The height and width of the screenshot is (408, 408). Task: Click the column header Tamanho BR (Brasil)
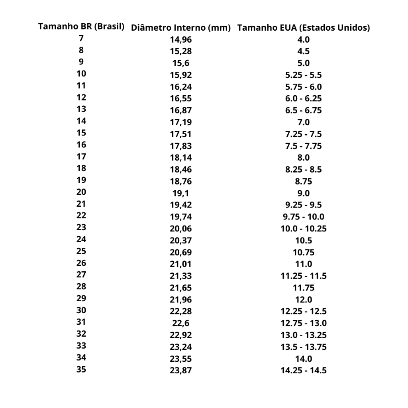pyautogui.click(x=81, y=27)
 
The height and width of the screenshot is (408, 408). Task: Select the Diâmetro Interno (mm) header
pyautogui.click(x=181, y=28)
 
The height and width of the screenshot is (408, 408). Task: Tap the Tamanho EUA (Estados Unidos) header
pyautogui.click(x=304, y=28)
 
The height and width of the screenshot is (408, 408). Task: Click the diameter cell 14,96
pyautogui.click(x=181, y=40)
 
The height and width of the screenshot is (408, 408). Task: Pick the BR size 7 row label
pyautogui.click(x=81, y=39)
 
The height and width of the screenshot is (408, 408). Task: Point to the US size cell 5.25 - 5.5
pyautogui.click(x=304, y=75)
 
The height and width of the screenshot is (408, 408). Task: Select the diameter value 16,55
pyautogui.click(x=181, y=99)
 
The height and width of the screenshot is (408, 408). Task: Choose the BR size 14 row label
pyautogui.click(x=81, y=121)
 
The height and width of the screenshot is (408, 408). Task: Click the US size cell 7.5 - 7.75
pyautogui.click(x=304, y=146)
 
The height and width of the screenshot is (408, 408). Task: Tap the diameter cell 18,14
pyautogui.click(x=181, y=158)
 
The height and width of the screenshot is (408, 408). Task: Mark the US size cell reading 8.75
pyautogui.click(x=304, y=181)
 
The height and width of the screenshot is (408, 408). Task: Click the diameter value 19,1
pyautogui.click(x=181, y=193)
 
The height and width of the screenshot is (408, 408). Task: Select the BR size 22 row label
pyautogui.click(x=81, y=216)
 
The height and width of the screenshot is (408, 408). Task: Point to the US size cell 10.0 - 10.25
pyautogui.click(x=304, y=229)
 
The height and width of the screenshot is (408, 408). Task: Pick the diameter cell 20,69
pyautogui.click(x=181, y=252)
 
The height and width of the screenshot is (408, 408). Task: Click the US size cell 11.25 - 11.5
pyautogui.click(x=304, y=276)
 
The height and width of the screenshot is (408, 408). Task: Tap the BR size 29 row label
pyautogui.click(x=81, y=298)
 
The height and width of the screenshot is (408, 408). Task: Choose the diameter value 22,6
pyautogui.click(x=181, y=323)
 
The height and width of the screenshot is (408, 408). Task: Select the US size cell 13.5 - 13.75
pyautogui.click(x=304, y=347)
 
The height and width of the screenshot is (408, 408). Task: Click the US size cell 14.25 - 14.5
pyautogui.click(x=304, y=370)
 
